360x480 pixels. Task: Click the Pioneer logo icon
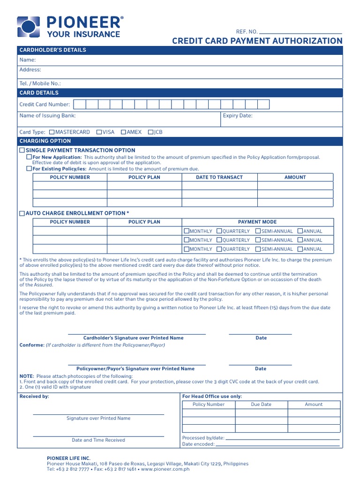29,26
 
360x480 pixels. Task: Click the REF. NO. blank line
300,31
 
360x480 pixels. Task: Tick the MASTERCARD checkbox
52,132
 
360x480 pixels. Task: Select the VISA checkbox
99,132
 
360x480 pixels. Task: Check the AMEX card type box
123,132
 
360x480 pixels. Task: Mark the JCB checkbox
150,132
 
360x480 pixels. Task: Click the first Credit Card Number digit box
80,105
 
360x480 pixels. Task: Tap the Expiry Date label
238,115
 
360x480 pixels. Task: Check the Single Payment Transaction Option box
22,150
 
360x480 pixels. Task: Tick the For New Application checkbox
29,157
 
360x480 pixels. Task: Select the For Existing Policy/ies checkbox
29,168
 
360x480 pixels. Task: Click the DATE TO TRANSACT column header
219,177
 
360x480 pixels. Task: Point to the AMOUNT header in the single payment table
295,177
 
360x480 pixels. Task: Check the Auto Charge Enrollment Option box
22,213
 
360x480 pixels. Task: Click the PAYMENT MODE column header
257,222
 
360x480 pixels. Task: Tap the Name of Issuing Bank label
47,115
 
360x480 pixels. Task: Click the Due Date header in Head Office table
261,404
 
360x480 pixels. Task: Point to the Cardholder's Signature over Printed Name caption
133,338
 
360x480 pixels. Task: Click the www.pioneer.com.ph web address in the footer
165,469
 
